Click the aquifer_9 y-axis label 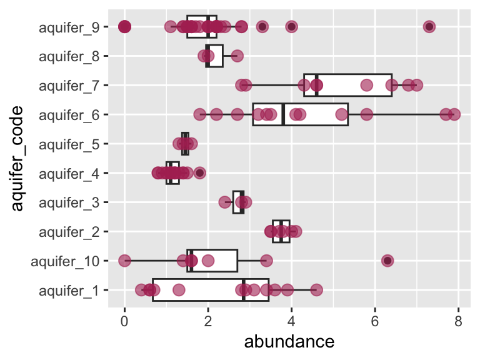(69, 27)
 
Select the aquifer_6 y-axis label (69, 115)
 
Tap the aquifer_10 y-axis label (66, 261)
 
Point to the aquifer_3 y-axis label (69, 202)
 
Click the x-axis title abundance (289, 342)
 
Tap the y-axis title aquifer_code (18, 158)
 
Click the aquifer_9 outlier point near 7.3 (429, 26)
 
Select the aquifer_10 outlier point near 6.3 (387, 261)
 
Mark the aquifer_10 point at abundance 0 (124, 261)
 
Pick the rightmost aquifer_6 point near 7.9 (454, 114)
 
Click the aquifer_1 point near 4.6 (316, 290)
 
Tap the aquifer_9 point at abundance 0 (124, 26)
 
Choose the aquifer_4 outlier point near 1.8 (199, 172)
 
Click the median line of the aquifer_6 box (283, 114)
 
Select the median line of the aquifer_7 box (316, 85)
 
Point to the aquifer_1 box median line (243, 290)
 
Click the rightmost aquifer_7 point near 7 (417, 85)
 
